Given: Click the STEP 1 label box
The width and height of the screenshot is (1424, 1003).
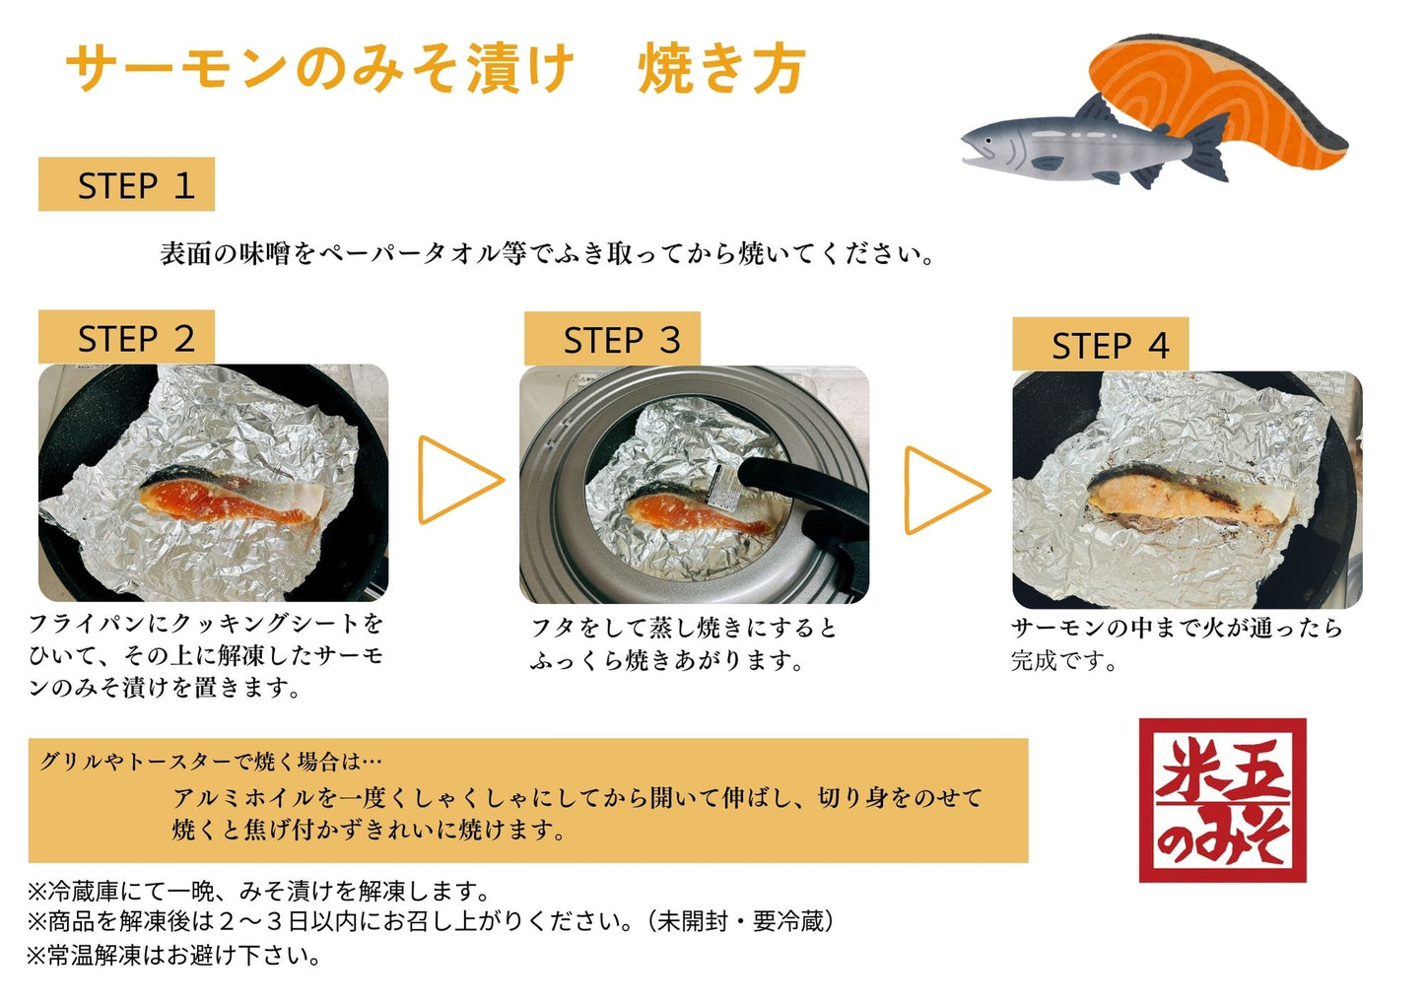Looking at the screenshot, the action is point(126,184).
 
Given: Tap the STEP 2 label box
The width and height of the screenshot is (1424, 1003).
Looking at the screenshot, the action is point(126,337).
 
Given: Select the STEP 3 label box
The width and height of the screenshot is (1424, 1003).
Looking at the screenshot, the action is point(612,339).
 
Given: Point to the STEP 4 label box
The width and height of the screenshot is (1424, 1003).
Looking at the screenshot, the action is point(1101,344).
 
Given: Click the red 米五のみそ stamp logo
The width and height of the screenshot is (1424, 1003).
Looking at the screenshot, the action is point(1223,800).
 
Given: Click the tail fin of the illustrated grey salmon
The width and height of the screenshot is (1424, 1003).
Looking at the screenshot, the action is point(1208,146).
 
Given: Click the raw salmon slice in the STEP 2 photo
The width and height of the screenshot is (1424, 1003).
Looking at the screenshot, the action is point(232,499).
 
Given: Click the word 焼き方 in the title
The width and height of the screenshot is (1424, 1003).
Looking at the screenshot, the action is point(722,69).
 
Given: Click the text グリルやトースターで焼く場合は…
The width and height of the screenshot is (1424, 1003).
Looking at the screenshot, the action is point(211,761).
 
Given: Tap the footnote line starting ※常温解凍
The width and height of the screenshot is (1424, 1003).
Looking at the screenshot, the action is point(173,956).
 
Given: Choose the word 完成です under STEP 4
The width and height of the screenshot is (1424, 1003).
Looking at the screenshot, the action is point(1064,660).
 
